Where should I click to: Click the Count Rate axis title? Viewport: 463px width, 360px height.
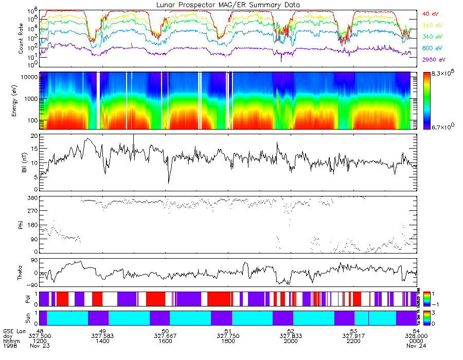click(x=21, y=38)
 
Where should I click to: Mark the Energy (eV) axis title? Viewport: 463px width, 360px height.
click(x=21, y=101)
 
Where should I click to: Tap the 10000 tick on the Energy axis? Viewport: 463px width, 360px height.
click(x=29, y=77)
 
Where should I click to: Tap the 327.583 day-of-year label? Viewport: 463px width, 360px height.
click(x=102, y=336)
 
